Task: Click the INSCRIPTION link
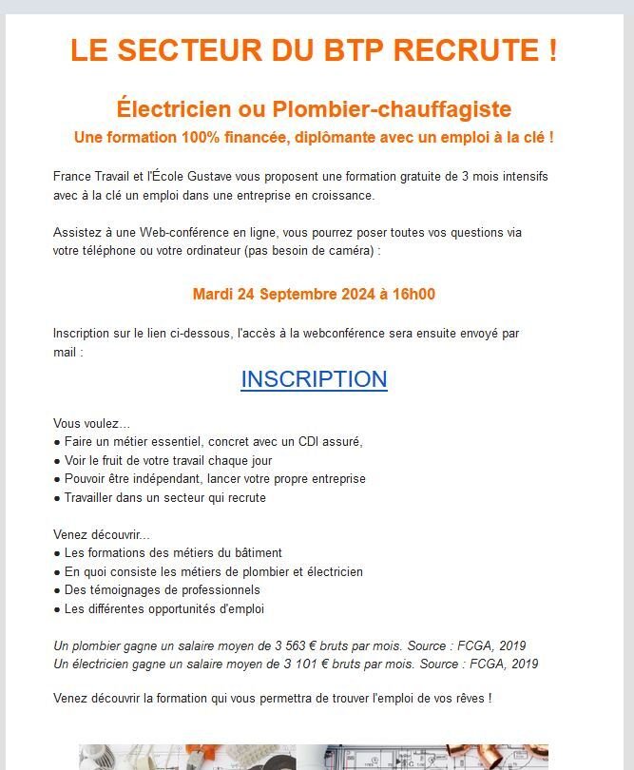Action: click(x=314, y=379)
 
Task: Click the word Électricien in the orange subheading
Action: click(x=176, y=108)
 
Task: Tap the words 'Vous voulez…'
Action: click(x=92, y=423)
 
